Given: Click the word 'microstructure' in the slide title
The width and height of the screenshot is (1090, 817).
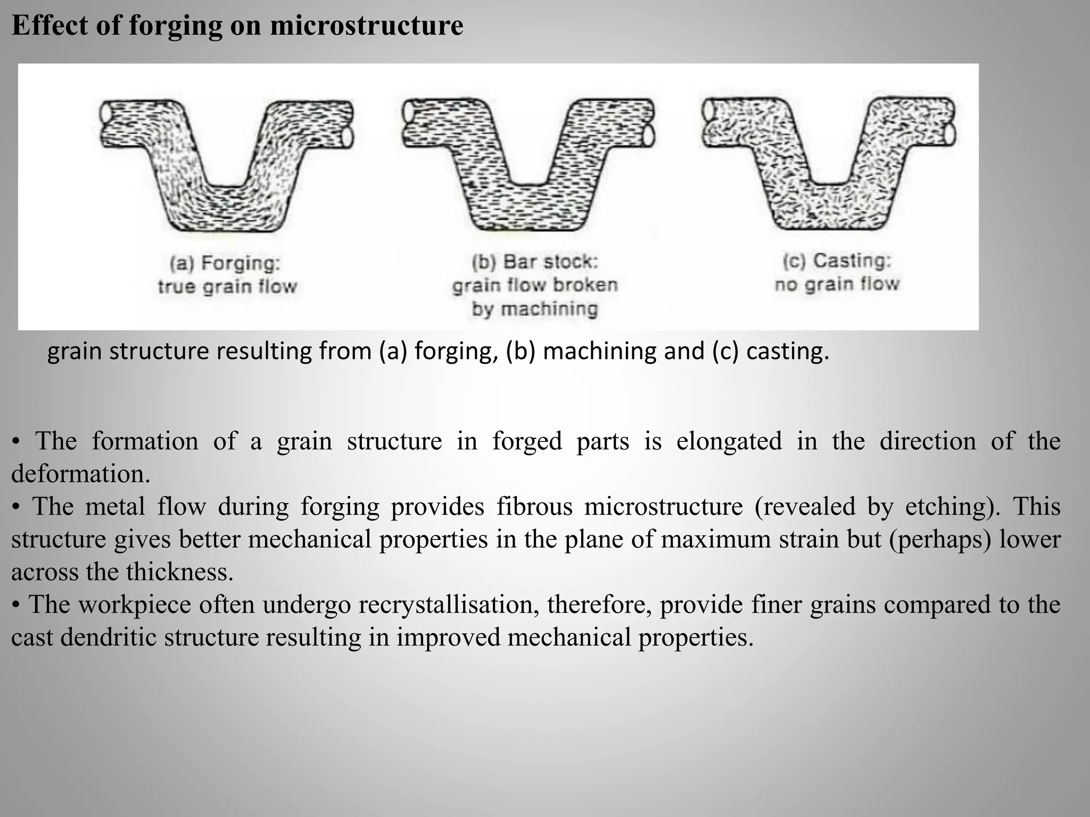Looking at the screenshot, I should pyautogui.click(x=367, y=25).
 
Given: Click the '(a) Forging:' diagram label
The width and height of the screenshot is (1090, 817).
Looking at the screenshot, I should pyautogui.click(x=225, y=263).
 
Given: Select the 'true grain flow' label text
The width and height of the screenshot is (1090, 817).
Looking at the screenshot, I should pyautogui.click(x=227, y=287).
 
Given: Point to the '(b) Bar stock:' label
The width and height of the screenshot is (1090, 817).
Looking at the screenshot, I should pyautogui.click(x=535, y=262).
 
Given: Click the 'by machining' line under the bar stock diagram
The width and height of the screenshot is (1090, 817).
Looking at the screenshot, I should pyautogui.click(x=535, y=309).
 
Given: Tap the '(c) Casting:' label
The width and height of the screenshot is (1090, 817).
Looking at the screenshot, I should pyautogui.click(x=837, y=261).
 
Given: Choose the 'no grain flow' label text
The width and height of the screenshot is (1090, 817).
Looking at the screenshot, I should pyautogui.click(x=837, y=284).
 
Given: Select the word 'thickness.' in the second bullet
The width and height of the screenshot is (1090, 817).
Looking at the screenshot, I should pyautogui.click(x=180, y=572).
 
